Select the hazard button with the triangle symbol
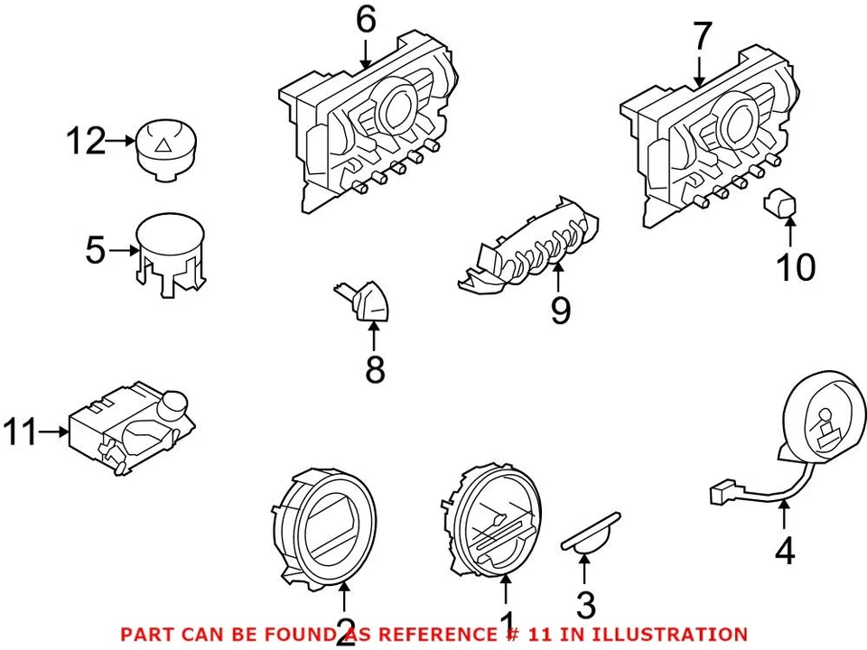(167, 147)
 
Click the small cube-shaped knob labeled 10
(780, 205)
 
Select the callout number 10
(797, 266)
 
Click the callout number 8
(374, 368)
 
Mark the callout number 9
(560, 311)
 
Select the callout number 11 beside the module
(22, 432)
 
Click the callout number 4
(785, 550)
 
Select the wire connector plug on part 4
(720, 494)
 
